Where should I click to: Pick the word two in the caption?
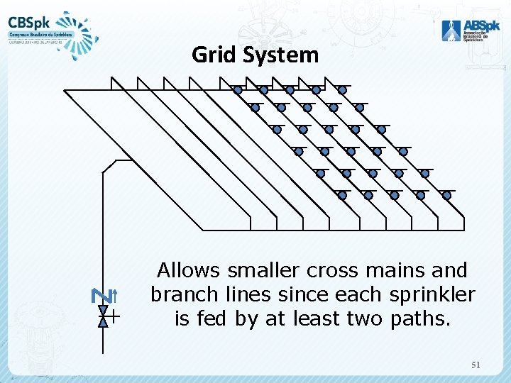[x=366, y=318]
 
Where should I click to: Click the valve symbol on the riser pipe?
[x=104, y=316]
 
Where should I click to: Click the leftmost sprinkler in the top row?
[x=238, y=90]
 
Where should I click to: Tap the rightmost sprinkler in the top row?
[x=342, y=90]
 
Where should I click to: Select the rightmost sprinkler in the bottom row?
[x=447, y=195]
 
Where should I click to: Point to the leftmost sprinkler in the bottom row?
[x=342, y=195]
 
